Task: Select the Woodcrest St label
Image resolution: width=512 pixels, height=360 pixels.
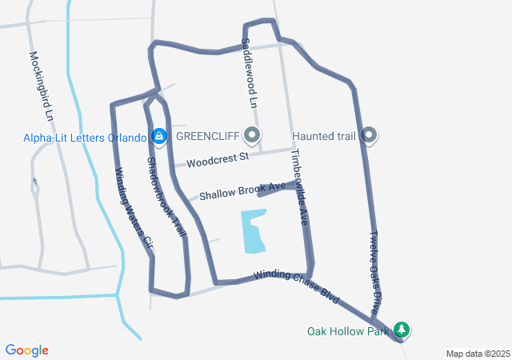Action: tap(218, 159)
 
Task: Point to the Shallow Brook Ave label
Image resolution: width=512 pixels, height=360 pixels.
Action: tap(242, 191)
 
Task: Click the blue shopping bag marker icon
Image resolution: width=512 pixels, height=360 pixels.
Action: tap(160, 137)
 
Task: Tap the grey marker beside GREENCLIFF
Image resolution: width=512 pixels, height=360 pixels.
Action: tap(254, 135)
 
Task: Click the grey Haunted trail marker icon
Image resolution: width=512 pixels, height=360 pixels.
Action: tap(369, 135)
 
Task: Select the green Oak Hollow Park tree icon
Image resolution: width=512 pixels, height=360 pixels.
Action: tap(402, 330)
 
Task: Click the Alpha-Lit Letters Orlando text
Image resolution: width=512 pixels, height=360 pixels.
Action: tap(84, 137)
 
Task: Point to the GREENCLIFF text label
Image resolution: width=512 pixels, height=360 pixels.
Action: tap(210, 135)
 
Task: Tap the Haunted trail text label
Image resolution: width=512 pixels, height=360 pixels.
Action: tap(324, 135)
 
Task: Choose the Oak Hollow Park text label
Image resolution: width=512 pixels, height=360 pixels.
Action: tap(348, 330)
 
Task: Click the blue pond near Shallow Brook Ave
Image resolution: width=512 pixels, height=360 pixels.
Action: tap(254, 230)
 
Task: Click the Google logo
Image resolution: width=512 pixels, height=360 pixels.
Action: tap(26, 350)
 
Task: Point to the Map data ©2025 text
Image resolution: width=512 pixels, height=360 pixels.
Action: tap(478, 354)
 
